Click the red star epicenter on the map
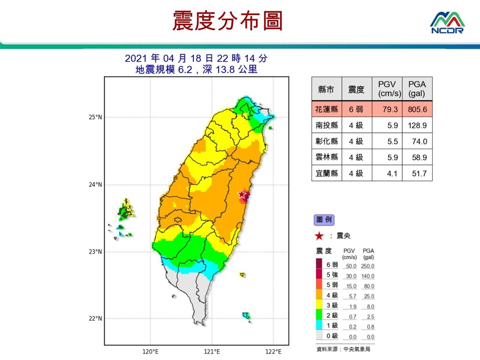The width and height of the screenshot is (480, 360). [x=242, y=194]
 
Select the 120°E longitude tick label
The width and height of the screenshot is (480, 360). [x=150, y=352]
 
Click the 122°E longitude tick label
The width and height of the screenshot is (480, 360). [x=273, y=352]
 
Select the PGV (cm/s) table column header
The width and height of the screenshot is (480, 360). [x=387, y=89]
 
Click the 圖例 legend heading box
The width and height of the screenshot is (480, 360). [x=324, y=219]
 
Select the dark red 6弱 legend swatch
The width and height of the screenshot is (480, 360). [x=319, y=265]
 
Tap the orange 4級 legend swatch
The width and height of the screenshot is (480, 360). [x=319, y=296]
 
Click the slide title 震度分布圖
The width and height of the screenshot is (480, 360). [x=228, y=22]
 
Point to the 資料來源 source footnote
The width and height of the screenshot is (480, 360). [x=343, y=350]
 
